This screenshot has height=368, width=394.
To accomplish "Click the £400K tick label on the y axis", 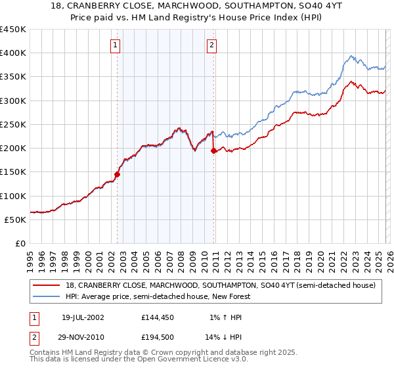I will [x=13, y=53].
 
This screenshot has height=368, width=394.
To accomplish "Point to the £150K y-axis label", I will [x=13, y=172].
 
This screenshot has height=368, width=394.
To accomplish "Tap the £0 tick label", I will [x=20, y=244].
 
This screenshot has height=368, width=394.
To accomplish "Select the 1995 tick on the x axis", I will [x=30, y=256].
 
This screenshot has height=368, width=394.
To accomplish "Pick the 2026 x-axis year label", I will [x=389, y=256].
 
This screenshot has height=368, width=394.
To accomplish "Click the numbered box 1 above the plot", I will [x=116, y=45].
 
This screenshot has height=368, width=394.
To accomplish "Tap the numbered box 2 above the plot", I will [x=212, y=45].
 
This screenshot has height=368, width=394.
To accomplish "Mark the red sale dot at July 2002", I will [x=118, y=175].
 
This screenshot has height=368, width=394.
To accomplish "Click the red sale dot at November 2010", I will [x=214, y=151].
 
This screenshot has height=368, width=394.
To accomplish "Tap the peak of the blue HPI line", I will [x=352, y=56].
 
